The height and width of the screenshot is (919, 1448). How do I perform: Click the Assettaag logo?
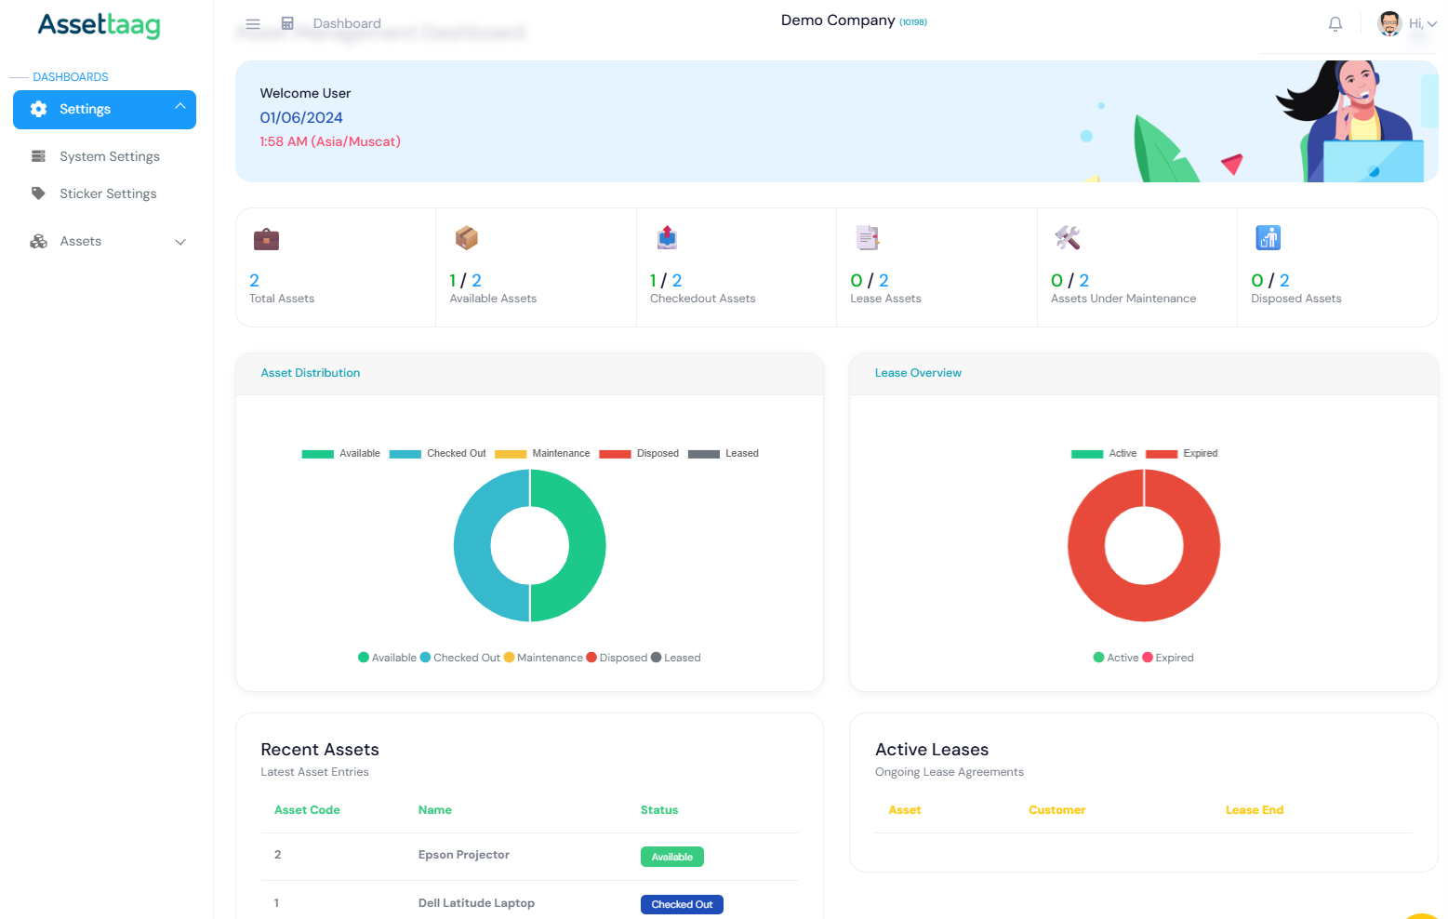pyautogui.click(x=99, y=25)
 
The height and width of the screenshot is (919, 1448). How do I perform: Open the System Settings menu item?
pyautogui.click(x=109, y=156)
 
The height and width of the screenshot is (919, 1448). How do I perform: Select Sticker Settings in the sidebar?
pyautogui.click(x=108, y=193)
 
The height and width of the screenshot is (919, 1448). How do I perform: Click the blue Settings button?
pyautogui.click(x=104, y=110)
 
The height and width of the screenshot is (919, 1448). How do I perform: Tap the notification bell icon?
pyautogui.click(x=1335, y=24)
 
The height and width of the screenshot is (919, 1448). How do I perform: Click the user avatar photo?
pyautogui.click(x=1389, y=24)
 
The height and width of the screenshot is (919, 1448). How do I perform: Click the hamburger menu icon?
pyautogui.click(x=253, y=24)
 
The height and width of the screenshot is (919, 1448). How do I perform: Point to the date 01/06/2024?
pyautogui.click(x=301, y=118)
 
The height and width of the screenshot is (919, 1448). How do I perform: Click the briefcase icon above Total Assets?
pyautogui.click(x=266, y=239)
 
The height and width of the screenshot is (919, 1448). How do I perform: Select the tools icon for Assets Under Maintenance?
pyautogui.click(x=1067, y=238)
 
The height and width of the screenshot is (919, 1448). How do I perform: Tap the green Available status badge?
pyautogui.click(x=671, y=857)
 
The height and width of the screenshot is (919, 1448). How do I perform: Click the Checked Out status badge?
pyautogui.click(x=681, y=904)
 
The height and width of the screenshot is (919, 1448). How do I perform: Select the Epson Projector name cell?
pyautogui.click(x=463, y=855)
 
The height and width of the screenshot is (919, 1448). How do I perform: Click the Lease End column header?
pyautogui.click(x=1254, y=810)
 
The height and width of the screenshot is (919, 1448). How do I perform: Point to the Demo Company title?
pyautogui.click(x=838, y=20)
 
